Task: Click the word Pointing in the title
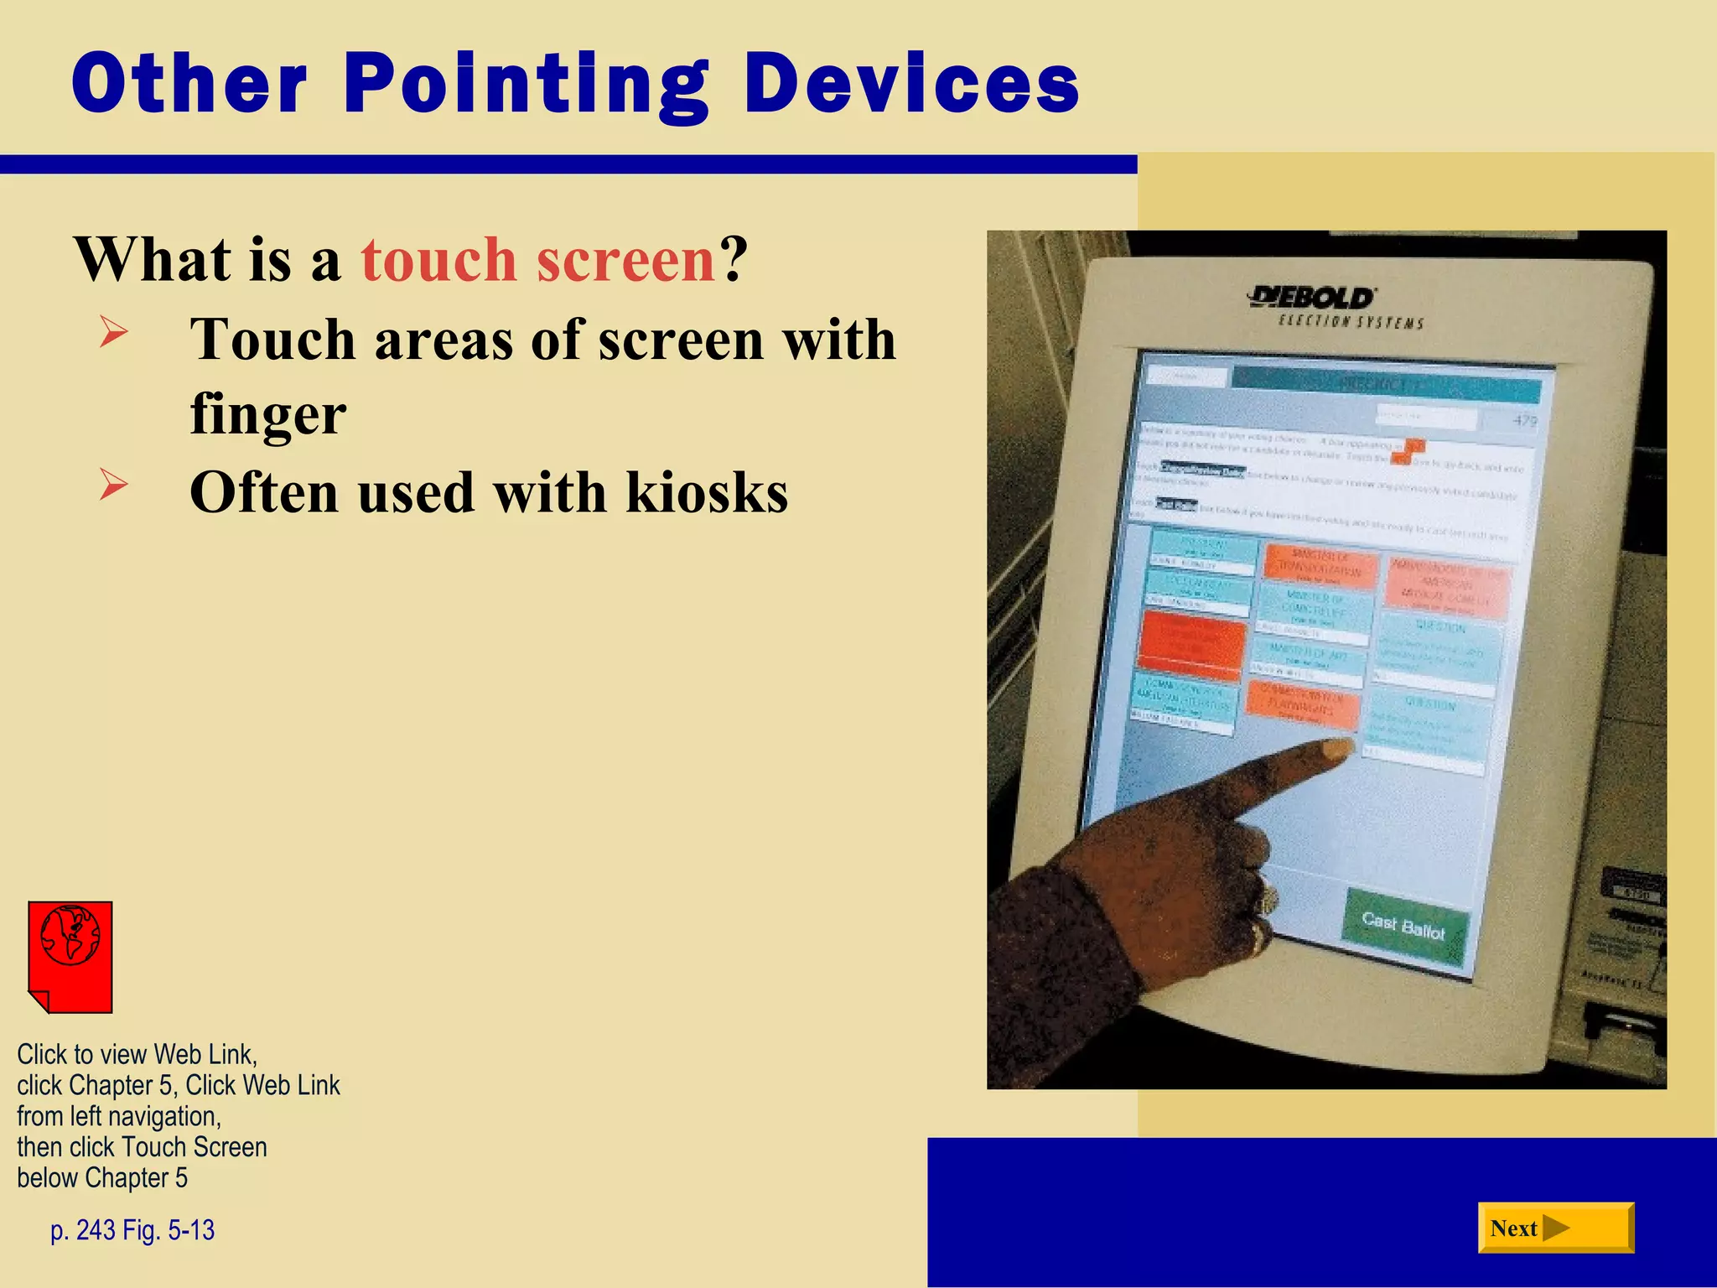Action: [527, 84]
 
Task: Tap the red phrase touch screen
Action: [537, 260]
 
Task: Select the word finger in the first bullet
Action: [267, 413]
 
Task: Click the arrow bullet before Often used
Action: [113, 485]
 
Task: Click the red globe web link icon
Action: [70, 956]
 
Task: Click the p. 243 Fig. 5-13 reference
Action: [132, 1230]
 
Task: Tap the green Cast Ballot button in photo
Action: [1403, 927]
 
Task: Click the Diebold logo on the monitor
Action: [1311, 298]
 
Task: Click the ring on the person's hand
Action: [1267, 901]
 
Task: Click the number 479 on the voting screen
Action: [1524, 420]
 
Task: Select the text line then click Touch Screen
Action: [142, 1147]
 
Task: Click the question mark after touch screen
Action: [733, 260]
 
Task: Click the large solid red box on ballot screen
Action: [1191, 647]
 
